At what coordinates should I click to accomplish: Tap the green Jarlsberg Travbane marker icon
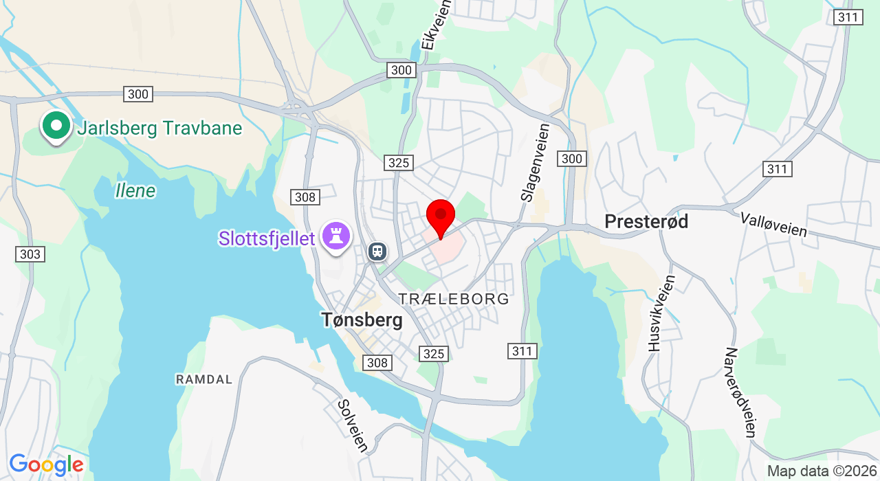pos(56,126)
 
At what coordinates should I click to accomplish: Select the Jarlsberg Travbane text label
pos(159,128)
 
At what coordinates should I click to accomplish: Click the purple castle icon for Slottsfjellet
pos(336,236)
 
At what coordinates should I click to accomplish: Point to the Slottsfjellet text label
pos(267,238)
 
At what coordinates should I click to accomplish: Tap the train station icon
pos(377,251)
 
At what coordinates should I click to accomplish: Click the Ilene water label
pos(135,190)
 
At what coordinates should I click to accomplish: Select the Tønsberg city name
pos(362,320)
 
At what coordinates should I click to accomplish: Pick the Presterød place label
pos(646,221)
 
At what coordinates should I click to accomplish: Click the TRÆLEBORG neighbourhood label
pos(454,299)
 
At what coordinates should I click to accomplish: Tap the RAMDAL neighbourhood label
pos(204,379)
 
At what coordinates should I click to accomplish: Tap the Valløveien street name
pos(773,225)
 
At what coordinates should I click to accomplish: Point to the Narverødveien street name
pos(740,392)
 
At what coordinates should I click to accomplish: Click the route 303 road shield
pos(30,254)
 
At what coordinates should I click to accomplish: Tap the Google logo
pos(46,465)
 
